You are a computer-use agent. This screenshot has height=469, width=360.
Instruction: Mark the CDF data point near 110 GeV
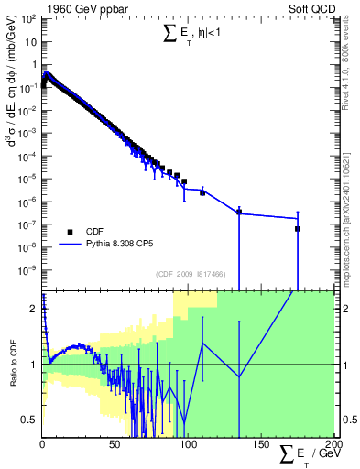click(202, 192)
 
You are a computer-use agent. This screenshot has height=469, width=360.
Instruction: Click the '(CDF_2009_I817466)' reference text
click(190, 274)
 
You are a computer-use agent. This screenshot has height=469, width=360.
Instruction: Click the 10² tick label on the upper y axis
click(28, 18)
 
